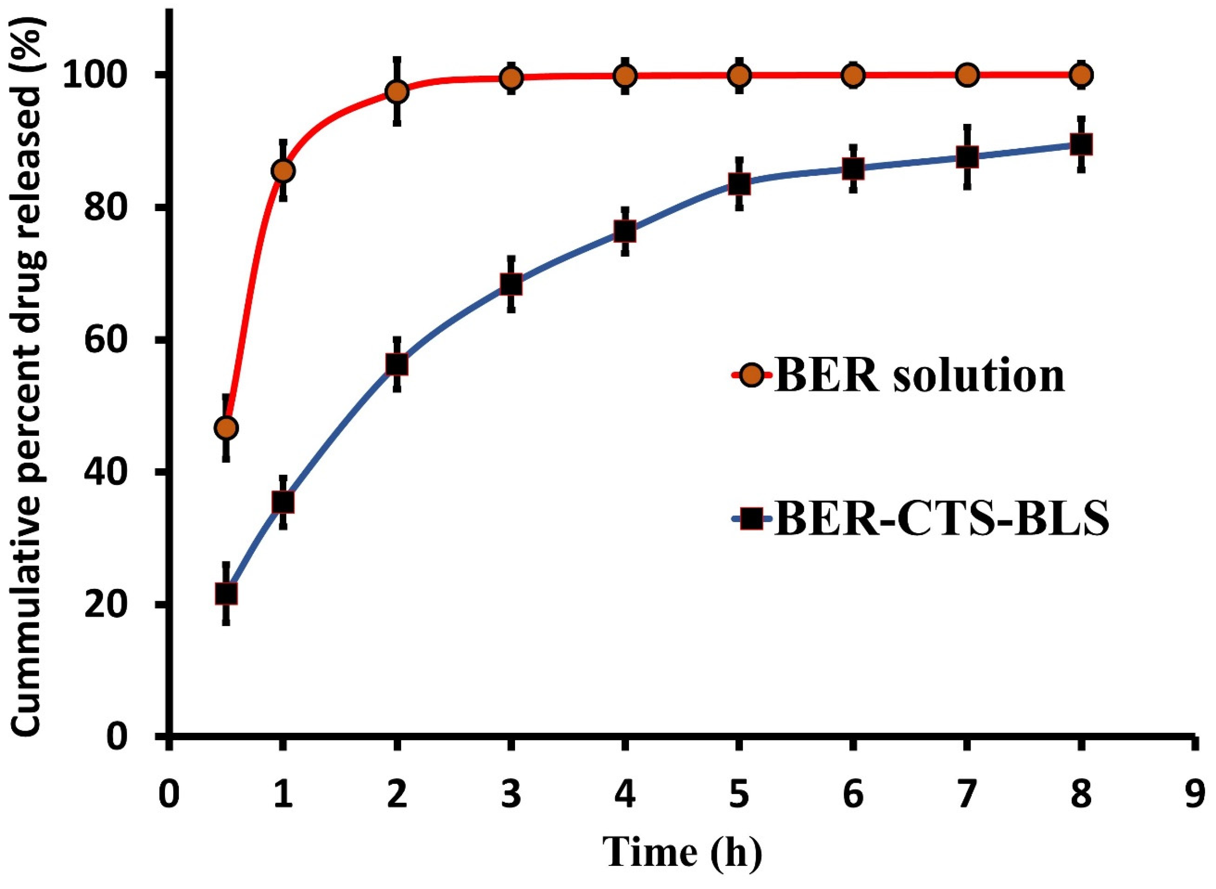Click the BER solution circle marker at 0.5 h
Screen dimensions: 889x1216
pyautogui.click(x=226, y=428)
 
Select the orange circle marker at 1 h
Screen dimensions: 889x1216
pyautogui.click(x=283, y=171)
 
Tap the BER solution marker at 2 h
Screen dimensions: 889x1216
pyautogui.click(x=397, y=92)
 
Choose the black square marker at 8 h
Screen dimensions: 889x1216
pyautogui.click(x=1082, y=144)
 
